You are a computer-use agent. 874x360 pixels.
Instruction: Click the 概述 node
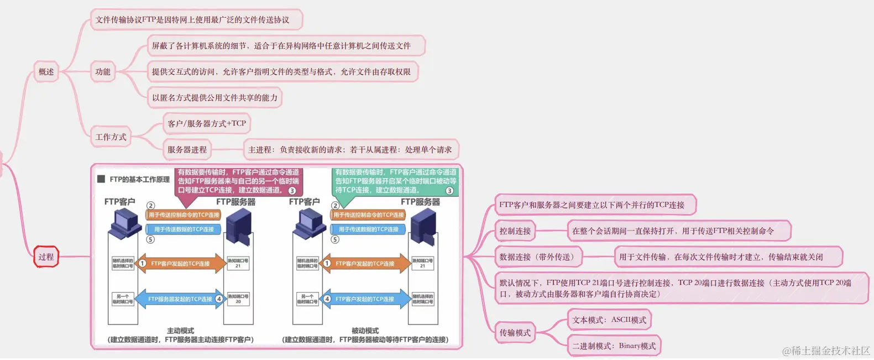click(46, 72)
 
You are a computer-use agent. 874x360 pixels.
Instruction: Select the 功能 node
click(103, 72)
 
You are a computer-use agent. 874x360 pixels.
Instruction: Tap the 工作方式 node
click(111, 137)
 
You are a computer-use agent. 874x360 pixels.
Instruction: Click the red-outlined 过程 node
click(46, 257)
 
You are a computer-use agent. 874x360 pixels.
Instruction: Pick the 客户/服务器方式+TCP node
click(207, 123)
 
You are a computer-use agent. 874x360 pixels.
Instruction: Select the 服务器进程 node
click(187, 150)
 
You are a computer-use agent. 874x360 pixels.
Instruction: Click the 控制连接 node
click(515, 231)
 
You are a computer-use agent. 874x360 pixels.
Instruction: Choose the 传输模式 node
click(515, 333)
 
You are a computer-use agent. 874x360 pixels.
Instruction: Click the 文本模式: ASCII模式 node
click(609, 320)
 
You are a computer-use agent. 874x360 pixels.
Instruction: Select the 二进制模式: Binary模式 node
click(614, 346)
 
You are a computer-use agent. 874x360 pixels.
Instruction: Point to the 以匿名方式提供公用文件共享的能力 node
click(214, 98)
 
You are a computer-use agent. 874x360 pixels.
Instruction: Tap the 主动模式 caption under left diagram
click(180, 331)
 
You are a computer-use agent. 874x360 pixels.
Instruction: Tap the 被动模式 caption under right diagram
click(365, 331)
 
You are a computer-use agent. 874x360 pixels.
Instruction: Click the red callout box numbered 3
click(238, 181)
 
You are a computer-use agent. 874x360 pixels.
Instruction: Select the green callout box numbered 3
click(395, 181)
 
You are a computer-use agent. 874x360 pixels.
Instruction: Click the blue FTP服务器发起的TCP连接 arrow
click(180, 299)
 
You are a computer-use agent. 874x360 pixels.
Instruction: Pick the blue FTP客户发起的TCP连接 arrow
click(365, 299)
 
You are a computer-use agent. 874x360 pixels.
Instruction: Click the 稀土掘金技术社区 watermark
click(826, 351)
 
